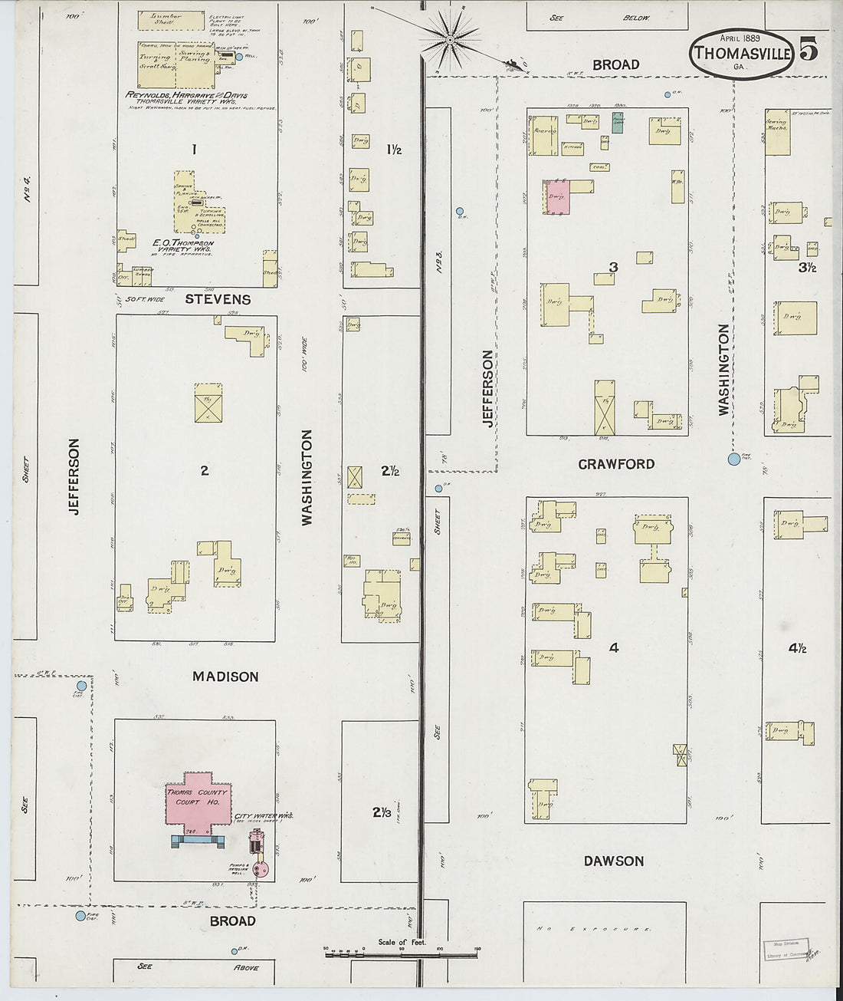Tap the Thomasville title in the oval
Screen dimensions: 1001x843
pos(742,54)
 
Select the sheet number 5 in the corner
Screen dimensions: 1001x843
pos(809,49)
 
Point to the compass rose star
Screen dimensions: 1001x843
pos(451,36)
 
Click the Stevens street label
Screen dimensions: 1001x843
pos(218,299)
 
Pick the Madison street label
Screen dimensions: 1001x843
pos(225,677)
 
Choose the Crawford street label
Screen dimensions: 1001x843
pos(616,464)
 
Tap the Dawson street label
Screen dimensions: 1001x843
pos(613,861)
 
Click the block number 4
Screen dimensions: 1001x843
pos(613,648)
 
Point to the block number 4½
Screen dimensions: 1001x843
pos(797,648)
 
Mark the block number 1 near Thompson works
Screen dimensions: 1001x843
pos(195,150)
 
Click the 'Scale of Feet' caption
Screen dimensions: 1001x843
pos(400,943)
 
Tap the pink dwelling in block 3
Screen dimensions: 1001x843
pos(557,196)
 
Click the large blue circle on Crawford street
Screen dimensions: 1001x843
pos(734,459)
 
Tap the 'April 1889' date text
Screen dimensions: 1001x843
pos(741,38)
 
